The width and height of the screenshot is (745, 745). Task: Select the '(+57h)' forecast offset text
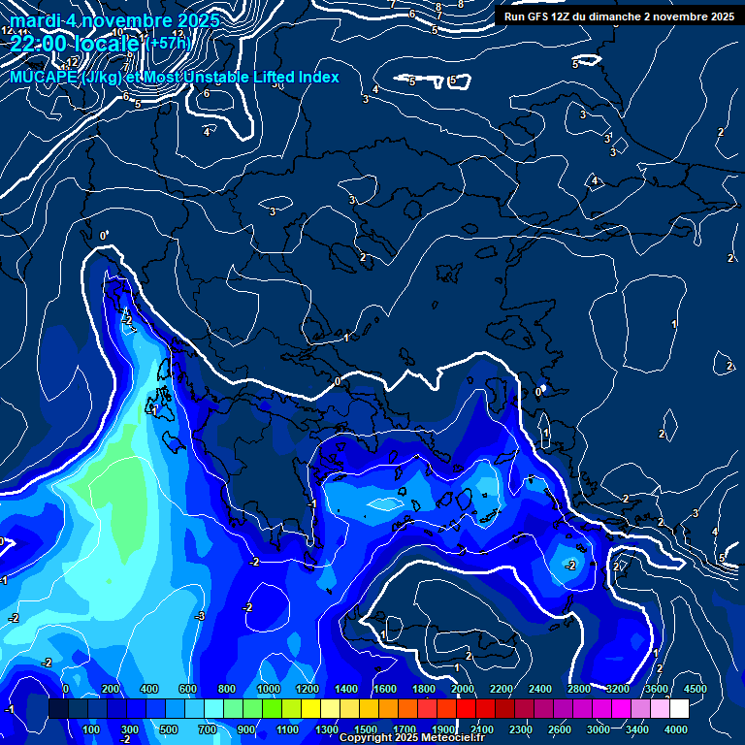click(170, 44)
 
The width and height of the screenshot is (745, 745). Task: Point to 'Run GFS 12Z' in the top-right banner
click(541, 16)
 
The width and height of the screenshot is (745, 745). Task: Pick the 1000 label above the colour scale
click(268, 689)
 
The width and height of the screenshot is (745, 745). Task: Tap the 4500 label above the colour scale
click(695, 689)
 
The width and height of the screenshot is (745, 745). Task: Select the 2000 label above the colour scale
click(462, 689)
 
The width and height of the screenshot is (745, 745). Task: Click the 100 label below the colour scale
click(92, 729)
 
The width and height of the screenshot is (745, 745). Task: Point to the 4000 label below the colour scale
click(675, 729)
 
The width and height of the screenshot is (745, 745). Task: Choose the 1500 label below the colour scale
click(365, 729)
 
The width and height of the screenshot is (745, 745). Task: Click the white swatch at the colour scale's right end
click(679, 709)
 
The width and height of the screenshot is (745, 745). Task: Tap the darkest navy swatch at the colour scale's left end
click(58, 709)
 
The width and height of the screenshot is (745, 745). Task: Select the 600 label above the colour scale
click(187, 689)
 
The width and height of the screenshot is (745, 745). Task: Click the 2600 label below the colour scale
click(559, 729)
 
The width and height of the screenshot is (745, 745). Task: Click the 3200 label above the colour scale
click(617, 689)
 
